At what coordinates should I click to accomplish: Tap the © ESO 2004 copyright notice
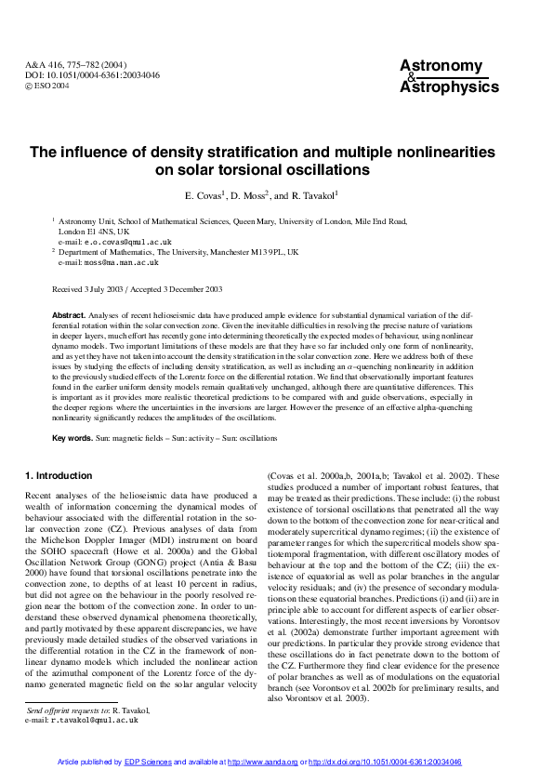pyautogui.click(x=47, y=86)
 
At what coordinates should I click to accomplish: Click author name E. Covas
pyautogui.click(x=208, y=195)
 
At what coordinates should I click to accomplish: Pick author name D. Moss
pyautogui.click(x=248, y=195)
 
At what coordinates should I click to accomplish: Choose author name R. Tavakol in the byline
pyautogui.click(x=315, y=195)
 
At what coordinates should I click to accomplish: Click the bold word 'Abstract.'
pyautogui.click(x=69, y=317)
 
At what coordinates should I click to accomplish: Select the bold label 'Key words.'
pyautogui.click(x=72, y=437)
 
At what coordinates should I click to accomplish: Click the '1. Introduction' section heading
pyautogui.click(x=59, y=476)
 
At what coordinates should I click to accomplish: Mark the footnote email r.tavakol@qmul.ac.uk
pyautogui.click(x=95, y=720)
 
